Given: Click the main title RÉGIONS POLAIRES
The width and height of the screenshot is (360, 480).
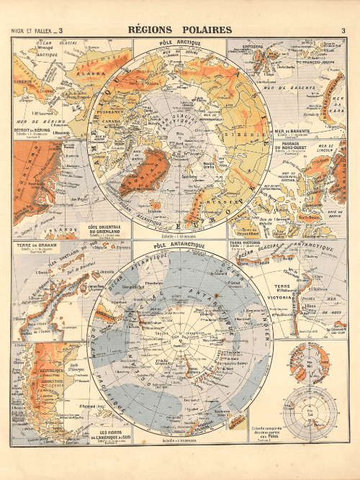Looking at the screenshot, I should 179,30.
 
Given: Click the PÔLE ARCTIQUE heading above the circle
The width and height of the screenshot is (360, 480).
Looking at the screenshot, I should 180,44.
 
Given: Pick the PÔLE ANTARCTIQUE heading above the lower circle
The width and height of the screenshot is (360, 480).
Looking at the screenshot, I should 180,245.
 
